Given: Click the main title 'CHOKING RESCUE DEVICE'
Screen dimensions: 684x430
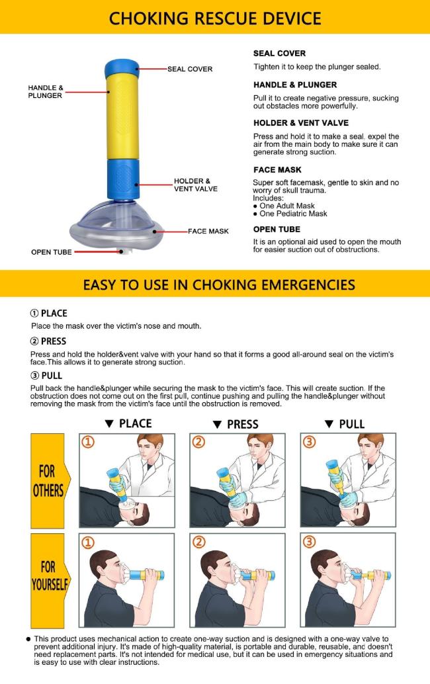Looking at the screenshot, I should coord(215,18).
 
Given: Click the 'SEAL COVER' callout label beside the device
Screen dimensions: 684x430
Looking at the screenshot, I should coord(189,69).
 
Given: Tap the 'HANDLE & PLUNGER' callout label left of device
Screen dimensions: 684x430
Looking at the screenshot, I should coord(46,91).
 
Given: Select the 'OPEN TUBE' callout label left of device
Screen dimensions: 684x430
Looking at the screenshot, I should coord(52,252).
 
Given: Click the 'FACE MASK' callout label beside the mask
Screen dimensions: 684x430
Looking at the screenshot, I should coord(208,231).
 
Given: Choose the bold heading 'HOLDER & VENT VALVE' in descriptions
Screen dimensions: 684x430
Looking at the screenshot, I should coord(300,123).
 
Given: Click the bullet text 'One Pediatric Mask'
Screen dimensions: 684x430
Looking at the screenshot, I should coord(294,214).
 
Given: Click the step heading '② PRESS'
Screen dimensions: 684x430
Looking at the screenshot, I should coord(48,341).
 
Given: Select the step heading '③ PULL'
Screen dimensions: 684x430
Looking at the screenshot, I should coord(46,376).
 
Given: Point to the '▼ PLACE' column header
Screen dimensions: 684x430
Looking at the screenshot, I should coord(128,424).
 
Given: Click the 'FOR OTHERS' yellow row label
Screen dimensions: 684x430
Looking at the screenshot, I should coord(47,481).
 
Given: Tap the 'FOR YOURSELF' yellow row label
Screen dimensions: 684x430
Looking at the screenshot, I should coord(47,577).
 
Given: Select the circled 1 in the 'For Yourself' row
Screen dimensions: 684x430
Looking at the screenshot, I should coord(88,542).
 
